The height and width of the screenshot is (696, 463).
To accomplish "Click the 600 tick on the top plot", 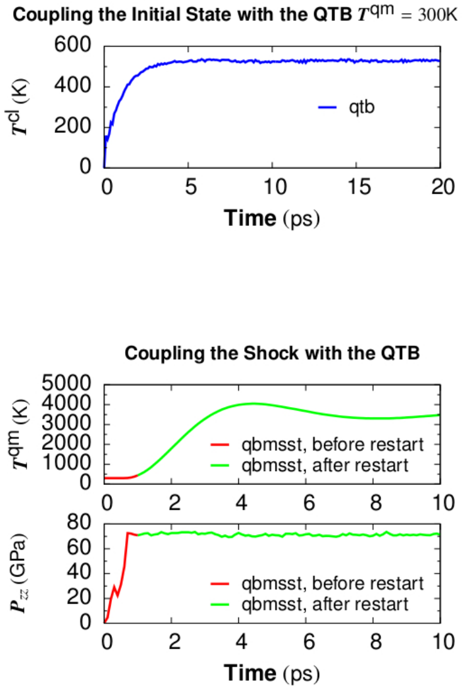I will click(x=74, y=45).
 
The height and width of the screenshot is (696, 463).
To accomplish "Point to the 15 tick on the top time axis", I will click(x=357, y=187).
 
